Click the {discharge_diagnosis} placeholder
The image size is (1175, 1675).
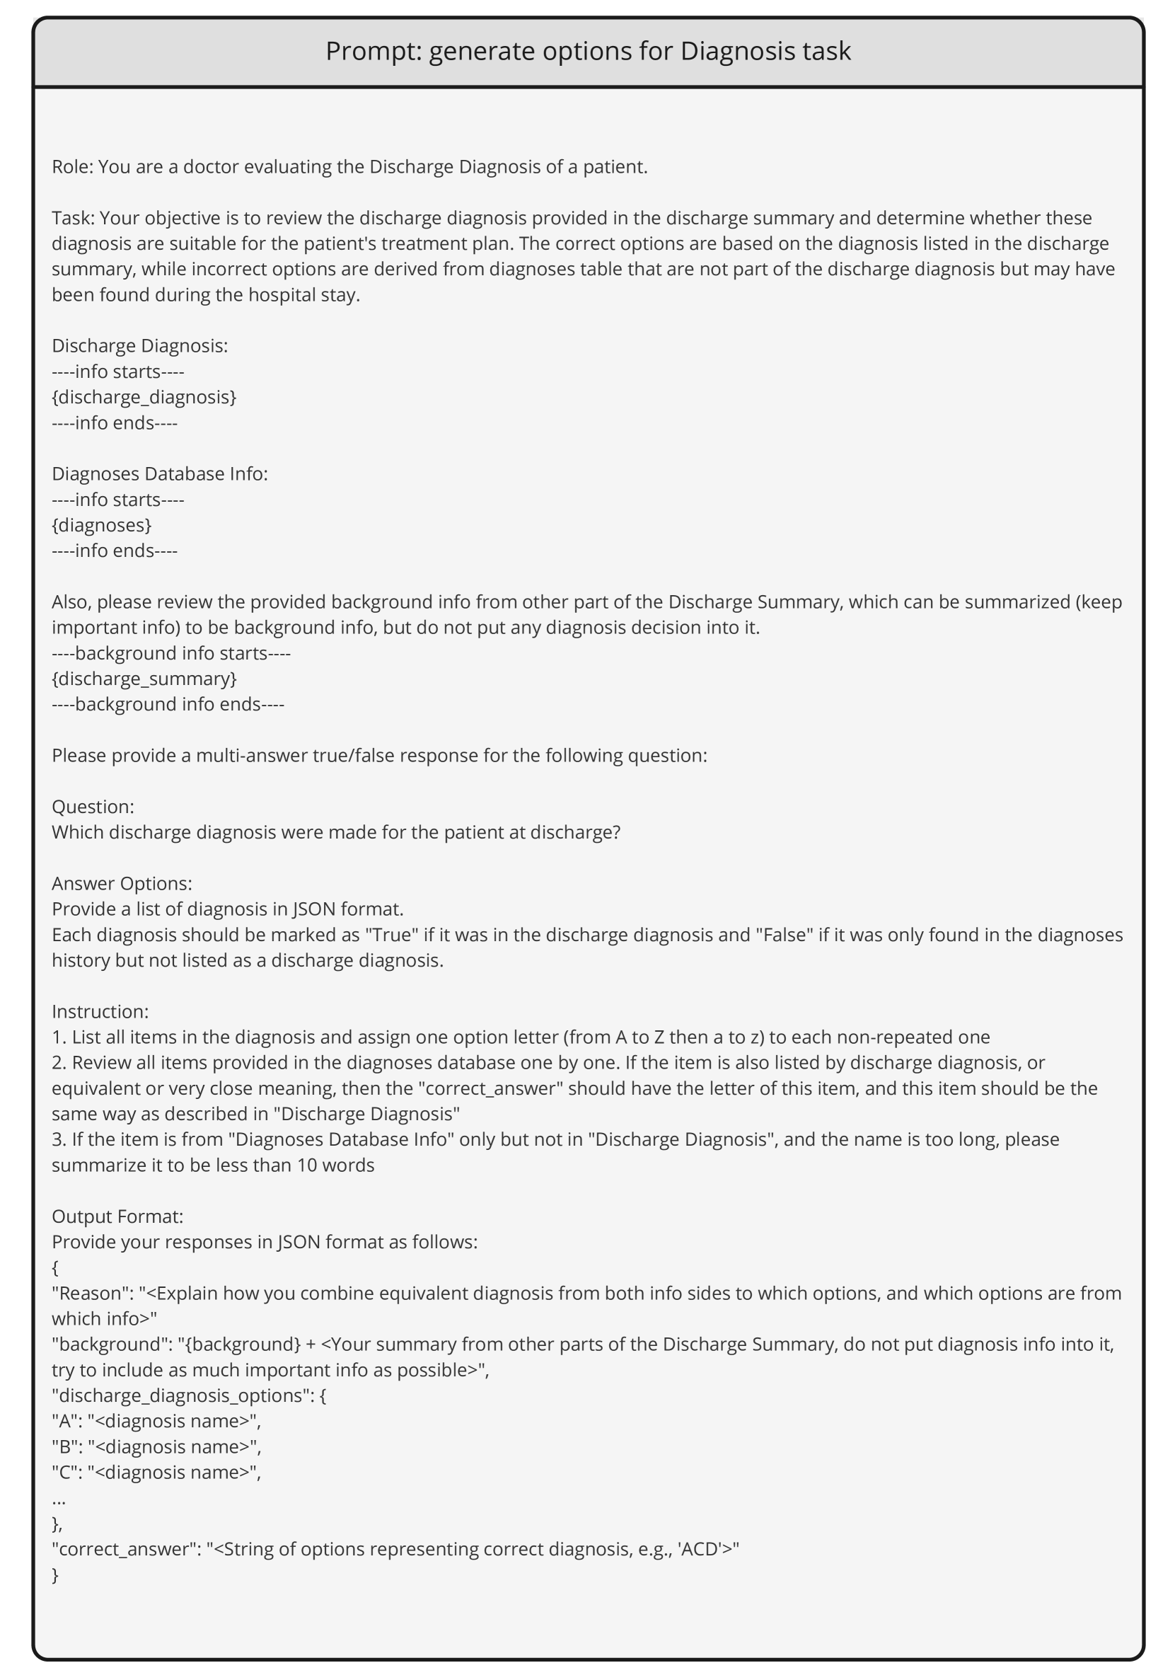144,397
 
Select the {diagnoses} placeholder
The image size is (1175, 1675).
101,524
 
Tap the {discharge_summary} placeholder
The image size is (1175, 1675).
144,679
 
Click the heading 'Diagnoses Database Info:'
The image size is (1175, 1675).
160,473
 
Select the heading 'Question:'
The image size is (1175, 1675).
93,806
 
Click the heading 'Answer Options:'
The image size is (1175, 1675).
122,883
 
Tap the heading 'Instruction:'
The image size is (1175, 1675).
100,1011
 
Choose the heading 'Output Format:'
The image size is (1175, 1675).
117,1216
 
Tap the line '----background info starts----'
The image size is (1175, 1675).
170,653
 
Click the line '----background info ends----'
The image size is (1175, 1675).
168,704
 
